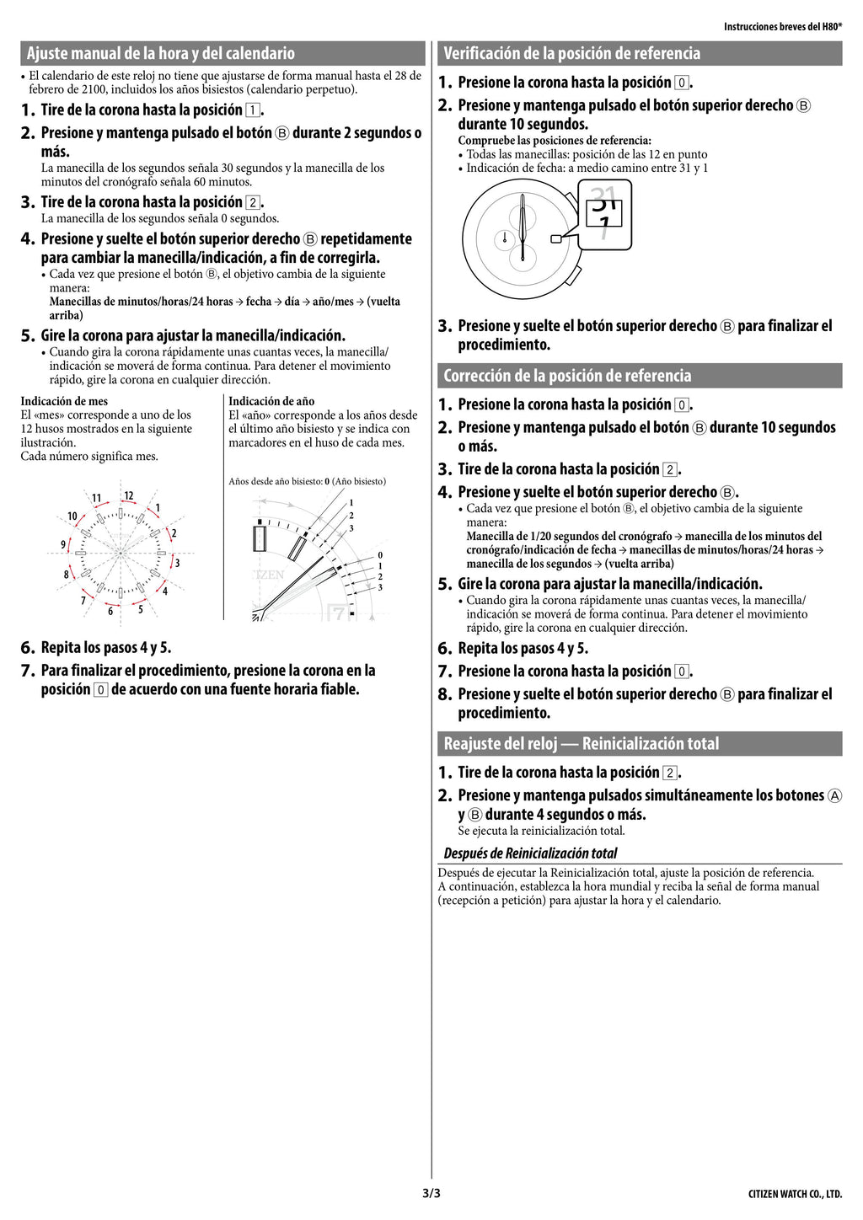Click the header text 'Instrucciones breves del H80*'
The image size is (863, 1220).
782,27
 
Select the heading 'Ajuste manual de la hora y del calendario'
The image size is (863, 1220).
161,53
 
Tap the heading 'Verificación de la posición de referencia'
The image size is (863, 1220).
571,53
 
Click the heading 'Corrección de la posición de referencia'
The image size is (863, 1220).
567,375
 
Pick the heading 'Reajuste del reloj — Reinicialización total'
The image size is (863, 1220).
582,743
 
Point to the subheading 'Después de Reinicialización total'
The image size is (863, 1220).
530,853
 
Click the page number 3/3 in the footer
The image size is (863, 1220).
431,1193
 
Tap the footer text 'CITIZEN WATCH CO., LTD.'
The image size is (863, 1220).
795,1195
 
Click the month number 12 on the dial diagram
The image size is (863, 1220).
129,495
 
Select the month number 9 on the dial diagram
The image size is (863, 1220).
63,544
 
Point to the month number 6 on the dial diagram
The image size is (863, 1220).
110,611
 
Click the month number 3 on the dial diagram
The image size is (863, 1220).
177,563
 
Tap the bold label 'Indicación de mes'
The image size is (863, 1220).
64,401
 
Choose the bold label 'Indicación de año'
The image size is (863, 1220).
271,401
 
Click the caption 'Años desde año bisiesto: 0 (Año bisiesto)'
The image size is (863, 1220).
308,481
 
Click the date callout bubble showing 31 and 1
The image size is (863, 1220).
604,215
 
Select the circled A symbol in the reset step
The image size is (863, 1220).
834,795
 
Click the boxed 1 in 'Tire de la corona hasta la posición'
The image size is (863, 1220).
252,110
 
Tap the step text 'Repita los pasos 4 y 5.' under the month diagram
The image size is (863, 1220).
106,648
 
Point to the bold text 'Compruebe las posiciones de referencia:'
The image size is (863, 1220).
555,141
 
